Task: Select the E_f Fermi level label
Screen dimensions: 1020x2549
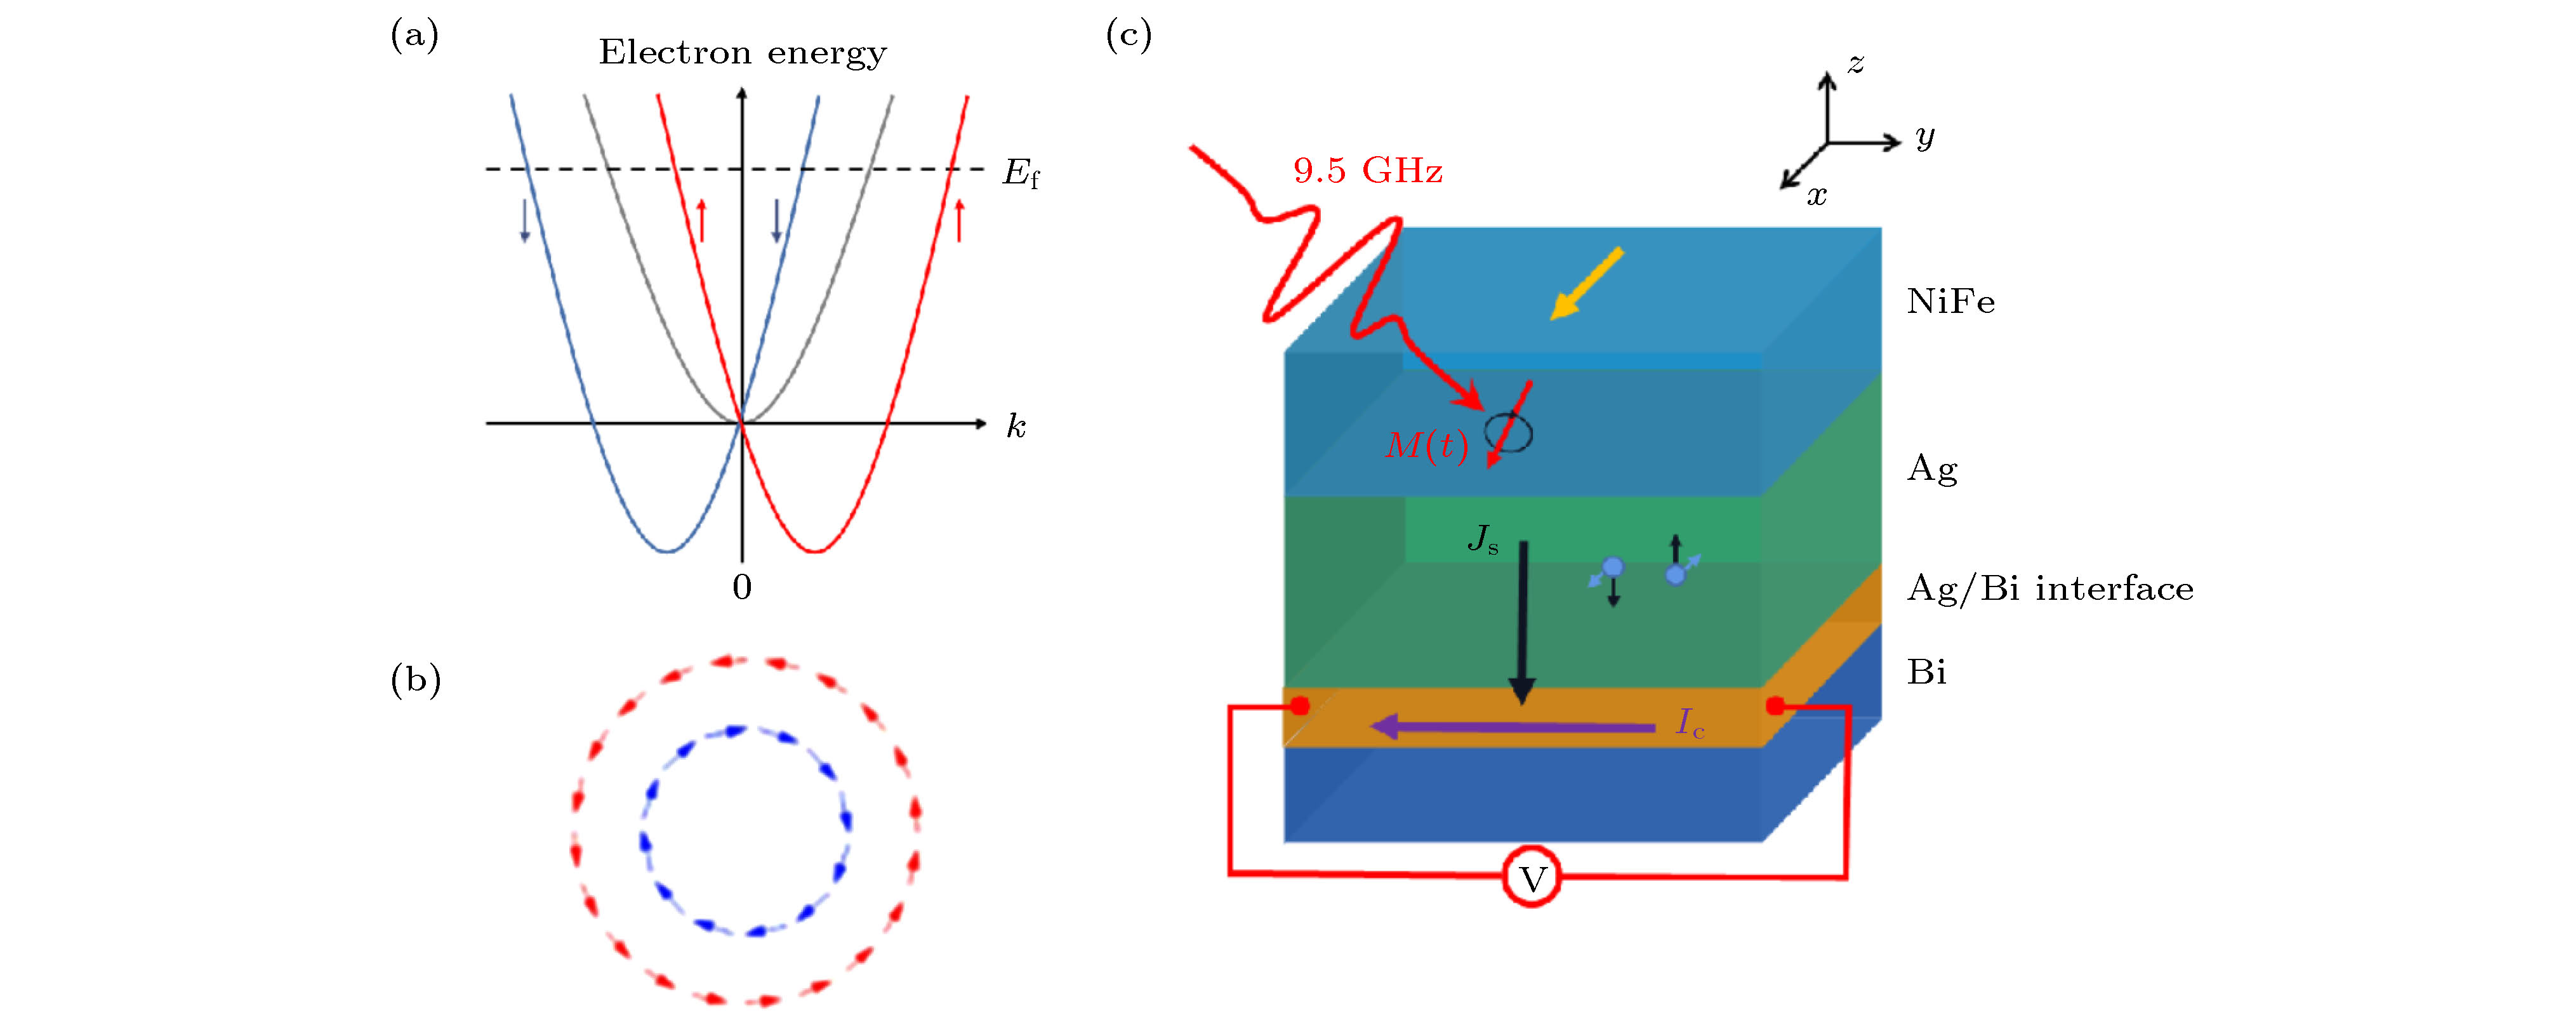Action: point(1020,173)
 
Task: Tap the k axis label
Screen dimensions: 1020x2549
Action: point(1016,427)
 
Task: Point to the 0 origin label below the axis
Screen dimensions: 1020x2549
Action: point(742,588)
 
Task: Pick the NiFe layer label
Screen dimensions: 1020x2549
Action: point(1950,301)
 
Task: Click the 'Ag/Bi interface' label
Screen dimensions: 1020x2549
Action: point(2049,588)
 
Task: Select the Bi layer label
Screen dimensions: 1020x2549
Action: point(1926,673)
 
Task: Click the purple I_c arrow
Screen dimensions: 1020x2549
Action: point(1514,728)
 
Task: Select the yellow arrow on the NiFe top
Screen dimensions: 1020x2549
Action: point(1586,284)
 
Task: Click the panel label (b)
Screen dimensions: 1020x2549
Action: point(416,680)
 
